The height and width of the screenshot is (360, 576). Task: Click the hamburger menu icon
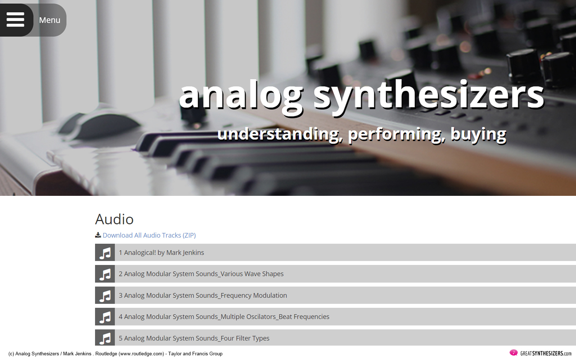tap(15, 19)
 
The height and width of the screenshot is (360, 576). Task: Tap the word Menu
tap(50, 20)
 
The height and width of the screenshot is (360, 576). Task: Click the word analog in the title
tap(241, 96)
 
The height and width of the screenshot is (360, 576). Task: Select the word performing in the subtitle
tap(396, 135)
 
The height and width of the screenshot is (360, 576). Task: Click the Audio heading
tap(114, 219)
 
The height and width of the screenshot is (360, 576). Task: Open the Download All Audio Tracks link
tap(149, 235)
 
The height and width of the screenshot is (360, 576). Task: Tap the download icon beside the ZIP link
tap(98, 235)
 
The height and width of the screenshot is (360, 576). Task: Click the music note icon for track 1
tap(105, 252)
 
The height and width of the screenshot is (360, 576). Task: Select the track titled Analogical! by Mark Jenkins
tap(161, 252)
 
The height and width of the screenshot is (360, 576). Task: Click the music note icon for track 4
tap(105, 317)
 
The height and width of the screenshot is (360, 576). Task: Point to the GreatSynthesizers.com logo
tap(540, 353)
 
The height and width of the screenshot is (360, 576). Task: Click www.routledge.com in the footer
tap(141, 354)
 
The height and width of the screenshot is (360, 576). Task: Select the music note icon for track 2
tap(105, 274)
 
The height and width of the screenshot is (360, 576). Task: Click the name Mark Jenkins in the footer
tap(77, 354)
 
